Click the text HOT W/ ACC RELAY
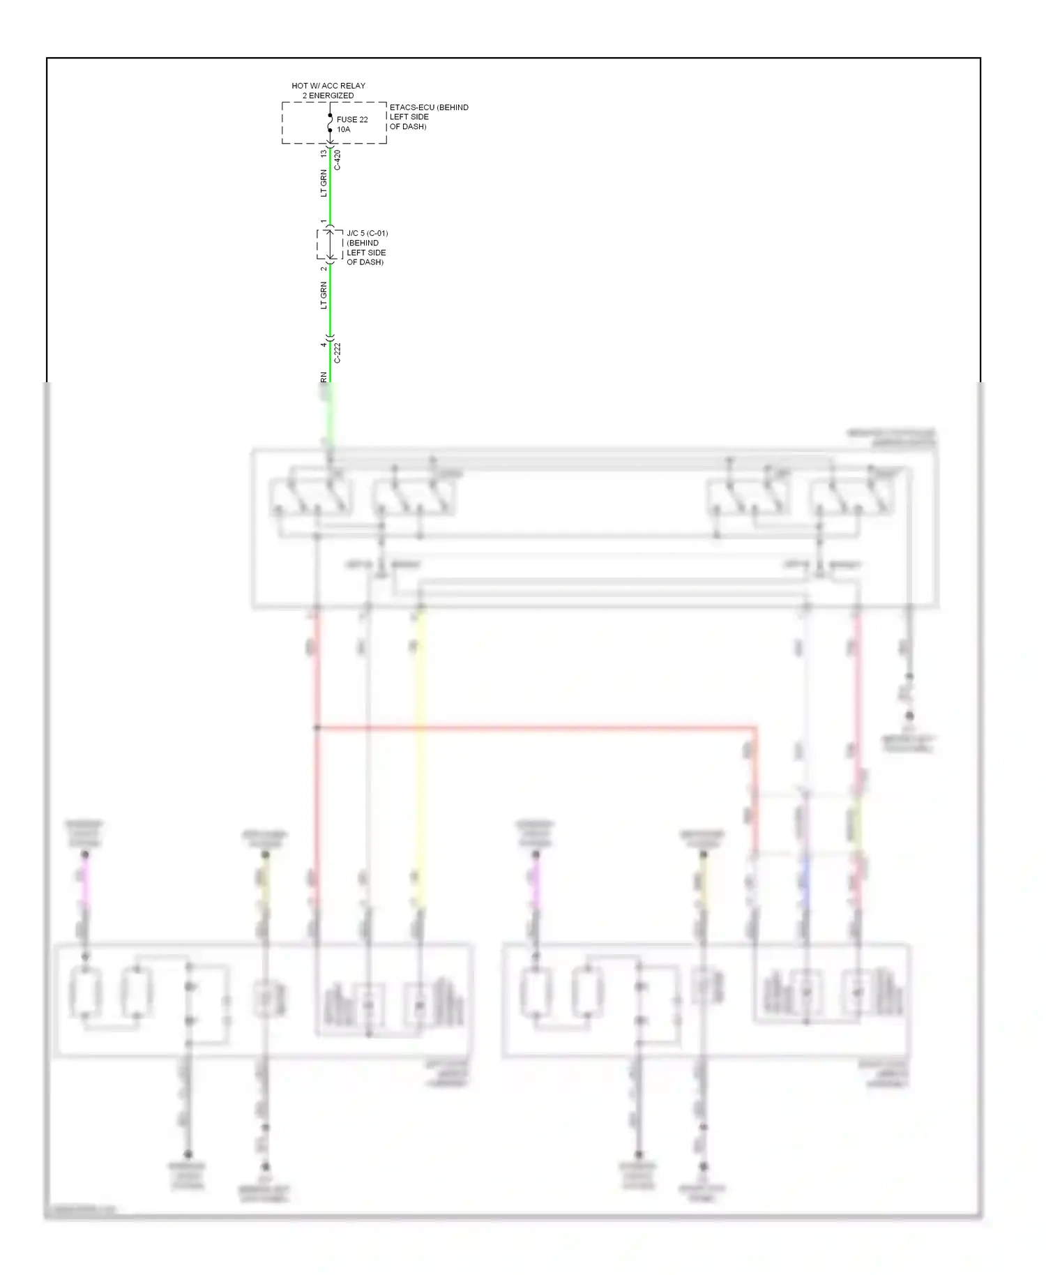(x=328, y=86)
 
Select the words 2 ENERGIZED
(x=328, y=96)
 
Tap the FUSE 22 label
(x=352, y=120)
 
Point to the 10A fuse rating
(x=344, y=130)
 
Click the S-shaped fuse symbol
(x=330, y=123)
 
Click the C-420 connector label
(x=338, y=160)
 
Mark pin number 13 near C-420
(x=323, y=153)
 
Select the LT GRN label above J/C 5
(x=324, y=183)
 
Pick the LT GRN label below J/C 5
(x=324, y=296)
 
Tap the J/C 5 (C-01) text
(x=367, y=234)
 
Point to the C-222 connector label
(x=338, y=353)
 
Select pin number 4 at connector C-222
(x=324, y=345)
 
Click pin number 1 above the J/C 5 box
(x=324, y=222)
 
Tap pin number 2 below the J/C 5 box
(x=324, y=269)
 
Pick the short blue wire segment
(x=806, y=882)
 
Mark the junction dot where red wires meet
(x=317, y=728)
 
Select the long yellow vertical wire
(x=420, y=753)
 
